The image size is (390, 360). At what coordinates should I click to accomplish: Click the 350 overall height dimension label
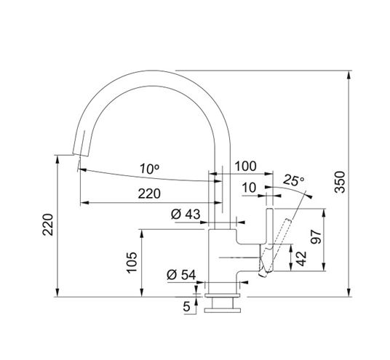(340, 182)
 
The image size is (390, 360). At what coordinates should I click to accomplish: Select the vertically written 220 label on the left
(48, 225)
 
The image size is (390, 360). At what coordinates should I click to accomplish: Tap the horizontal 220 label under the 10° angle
(149, 193)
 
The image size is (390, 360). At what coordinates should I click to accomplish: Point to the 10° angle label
(149, 169)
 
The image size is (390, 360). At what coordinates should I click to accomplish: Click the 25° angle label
(294, 180)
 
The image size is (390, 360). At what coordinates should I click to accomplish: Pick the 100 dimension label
(245, 166)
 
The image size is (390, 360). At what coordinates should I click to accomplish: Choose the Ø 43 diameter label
(186, 214)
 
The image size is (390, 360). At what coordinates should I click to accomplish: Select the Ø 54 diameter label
(181, 274)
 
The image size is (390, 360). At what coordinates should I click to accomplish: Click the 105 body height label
(132, 263)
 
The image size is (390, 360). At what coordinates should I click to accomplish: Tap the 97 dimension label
(317, 237)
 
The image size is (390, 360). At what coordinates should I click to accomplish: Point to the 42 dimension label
(301, 259)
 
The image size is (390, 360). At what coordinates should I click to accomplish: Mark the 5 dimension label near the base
(186, 306)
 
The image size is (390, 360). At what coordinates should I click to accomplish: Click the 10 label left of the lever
(249, 188)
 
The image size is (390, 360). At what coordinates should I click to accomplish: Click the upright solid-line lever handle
(270, 240)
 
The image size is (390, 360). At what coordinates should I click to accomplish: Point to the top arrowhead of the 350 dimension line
(349, 75)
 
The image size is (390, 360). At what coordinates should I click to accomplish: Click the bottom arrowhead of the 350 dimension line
(349, 292)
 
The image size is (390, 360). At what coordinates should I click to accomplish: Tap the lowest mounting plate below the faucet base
(223, 311)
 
